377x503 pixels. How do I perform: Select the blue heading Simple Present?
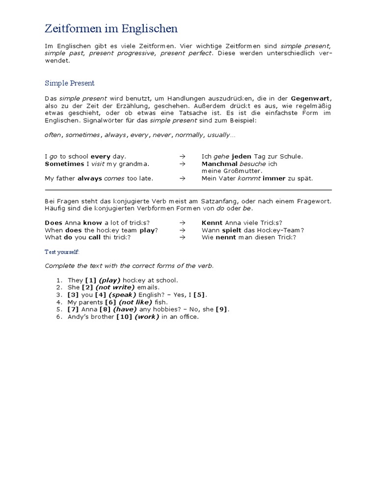coord(69,83)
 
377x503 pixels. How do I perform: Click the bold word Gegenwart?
coord(310,98)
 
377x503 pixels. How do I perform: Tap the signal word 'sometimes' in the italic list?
coord(82,135)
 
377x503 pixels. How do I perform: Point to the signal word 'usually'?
coord(218,135)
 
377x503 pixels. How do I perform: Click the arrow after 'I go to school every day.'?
coord(182,157)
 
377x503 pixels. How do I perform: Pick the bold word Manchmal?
coord(219,164)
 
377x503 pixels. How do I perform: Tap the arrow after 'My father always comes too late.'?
coord(182,178)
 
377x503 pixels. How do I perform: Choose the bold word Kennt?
coord(212,223)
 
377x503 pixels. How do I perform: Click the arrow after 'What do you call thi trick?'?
coord(182,237)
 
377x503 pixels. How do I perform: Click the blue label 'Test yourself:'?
coord(62,252)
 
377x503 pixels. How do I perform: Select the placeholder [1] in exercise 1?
coord(91,280)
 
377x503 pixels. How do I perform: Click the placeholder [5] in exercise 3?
coord(199,295)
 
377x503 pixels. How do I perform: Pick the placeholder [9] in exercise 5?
coord(222,309)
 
